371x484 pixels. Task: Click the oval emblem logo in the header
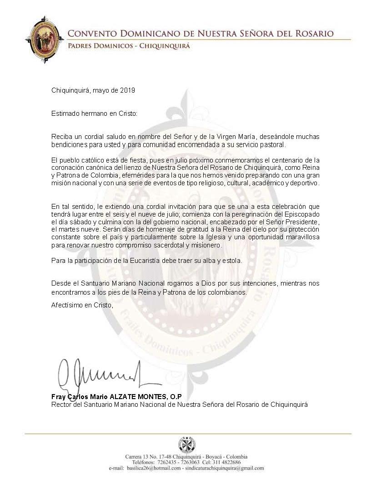click(x=45, y=39)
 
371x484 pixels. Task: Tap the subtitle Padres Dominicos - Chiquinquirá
click(x=128, y=46)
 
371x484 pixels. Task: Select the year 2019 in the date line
click(x=128, y=90)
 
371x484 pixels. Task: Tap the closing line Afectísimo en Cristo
click(x=82, y=305)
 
